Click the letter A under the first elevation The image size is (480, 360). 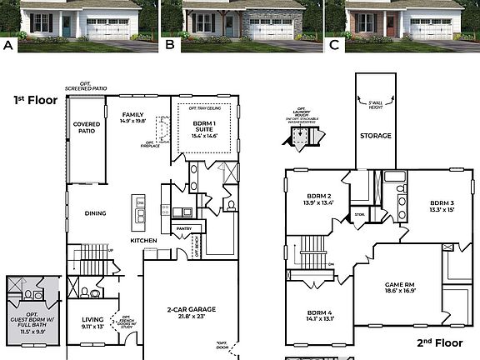coord(9,46)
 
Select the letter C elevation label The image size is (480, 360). coord(333,46)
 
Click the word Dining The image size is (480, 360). coord(95,213)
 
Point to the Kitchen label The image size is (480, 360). coord(142,241)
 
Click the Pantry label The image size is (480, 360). coord(184,228)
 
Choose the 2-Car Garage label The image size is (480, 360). coord(192,312)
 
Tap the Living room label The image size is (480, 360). coord(92,322)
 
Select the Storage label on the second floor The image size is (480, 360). coord(376,135)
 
